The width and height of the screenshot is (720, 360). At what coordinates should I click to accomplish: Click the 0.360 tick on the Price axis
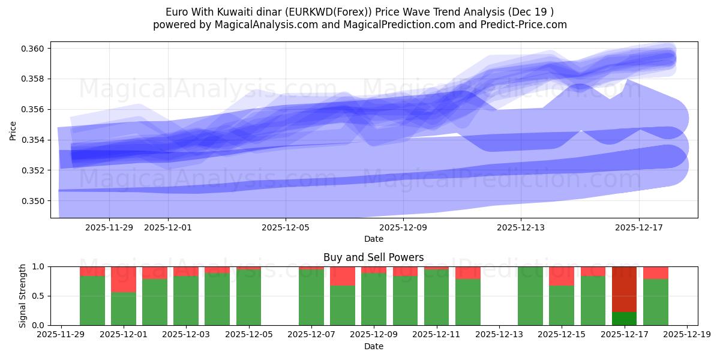(34, 49)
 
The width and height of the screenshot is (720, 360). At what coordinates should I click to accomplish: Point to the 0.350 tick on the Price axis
(34, 201)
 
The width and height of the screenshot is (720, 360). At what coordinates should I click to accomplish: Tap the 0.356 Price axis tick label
(34, 110)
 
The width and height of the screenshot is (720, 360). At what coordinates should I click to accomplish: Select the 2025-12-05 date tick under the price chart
(286, 227)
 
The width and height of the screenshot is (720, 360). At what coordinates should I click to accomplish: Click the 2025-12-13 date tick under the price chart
(521, 227)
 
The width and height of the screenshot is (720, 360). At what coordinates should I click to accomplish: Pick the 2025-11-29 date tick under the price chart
(109, 227)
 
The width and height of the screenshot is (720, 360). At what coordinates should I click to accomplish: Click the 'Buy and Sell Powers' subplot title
(373, 257)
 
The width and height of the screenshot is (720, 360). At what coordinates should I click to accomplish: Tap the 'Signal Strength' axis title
(23, 296)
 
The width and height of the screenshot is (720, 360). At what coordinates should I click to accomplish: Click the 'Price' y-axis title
(13, 130)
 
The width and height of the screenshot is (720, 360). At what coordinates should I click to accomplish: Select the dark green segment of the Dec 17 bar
(624, 319)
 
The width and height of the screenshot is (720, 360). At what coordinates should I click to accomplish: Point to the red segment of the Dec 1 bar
(124, 279)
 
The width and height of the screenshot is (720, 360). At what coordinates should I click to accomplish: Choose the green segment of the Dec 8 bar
(343, 305)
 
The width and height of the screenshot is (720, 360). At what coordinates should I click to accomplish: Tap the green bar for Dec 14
(530, 296)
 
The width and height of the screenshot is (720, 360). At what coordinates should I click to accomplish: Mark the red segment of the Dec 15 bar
(562, 276)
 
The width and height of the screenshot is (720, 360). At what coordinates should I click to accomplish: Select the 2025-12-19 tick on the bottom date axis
(686, 335)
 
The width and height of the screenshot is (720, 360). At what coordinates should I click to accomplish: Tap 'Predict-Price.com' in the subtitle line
(526, 25)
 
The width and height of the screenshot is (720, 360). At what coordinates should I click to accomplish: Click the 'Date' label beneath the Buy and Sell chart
(373, 346)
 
